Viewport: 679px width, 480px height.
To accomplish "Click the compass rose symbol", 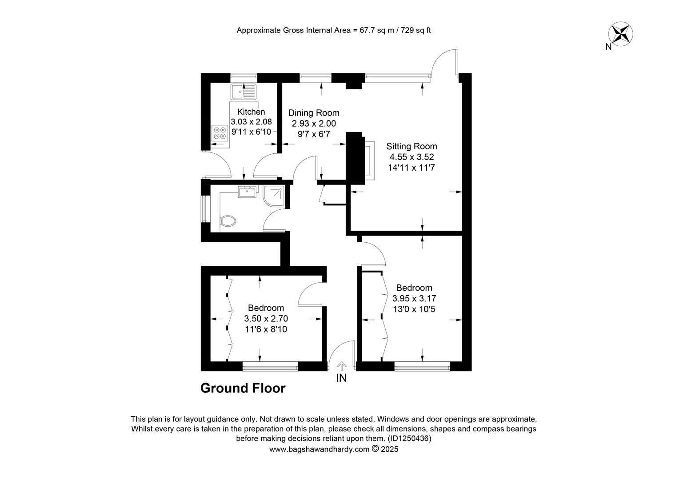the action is (x=620, y=34).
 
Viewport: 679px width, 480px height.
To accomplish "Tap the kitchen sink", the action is (x=244, y=92).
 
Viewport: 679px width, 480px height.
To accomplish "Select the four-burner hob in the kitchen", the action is (x=220, y=133).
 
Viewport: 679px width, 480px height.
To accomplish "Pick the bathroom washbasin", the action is (x=248, y=192).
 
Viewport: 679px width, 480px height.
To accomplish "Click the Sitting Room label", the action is (x=411, y=147).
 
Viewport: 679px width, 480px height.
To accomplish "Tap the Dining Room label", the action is (x=314, y=113).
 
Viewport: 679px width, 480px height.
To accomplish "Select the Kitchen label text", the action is (x=251, y=112).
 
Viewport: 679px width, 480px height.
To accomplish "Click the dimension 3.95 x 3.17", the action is (x=414, y=298).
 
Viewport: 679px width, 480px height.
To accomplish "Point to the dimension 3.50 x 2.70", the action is (x=266, y=319).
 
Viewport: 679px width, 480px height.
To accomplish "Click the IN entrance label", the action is (x=341, y=378).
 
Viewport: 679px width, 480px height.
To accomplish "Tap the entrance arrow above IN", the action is (x=342, y=366).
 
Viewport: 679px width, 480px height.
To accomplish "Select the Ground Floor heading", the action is (x=243, y=388).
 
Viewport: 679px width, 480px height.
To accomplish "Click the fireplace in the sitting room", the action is (x=370, y=161).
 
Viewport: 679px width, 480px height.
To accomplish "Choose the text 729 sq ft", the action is (x=416, y=30).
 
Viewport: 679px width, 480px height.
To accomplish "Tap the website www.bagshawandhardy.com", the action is (x=320, y=449).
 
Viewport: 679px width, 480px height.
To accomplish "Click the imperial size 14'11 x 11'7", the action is (x=411, y=168).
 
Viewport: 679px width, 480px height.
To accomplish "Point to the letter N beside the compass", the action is (x=608, y=47).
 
